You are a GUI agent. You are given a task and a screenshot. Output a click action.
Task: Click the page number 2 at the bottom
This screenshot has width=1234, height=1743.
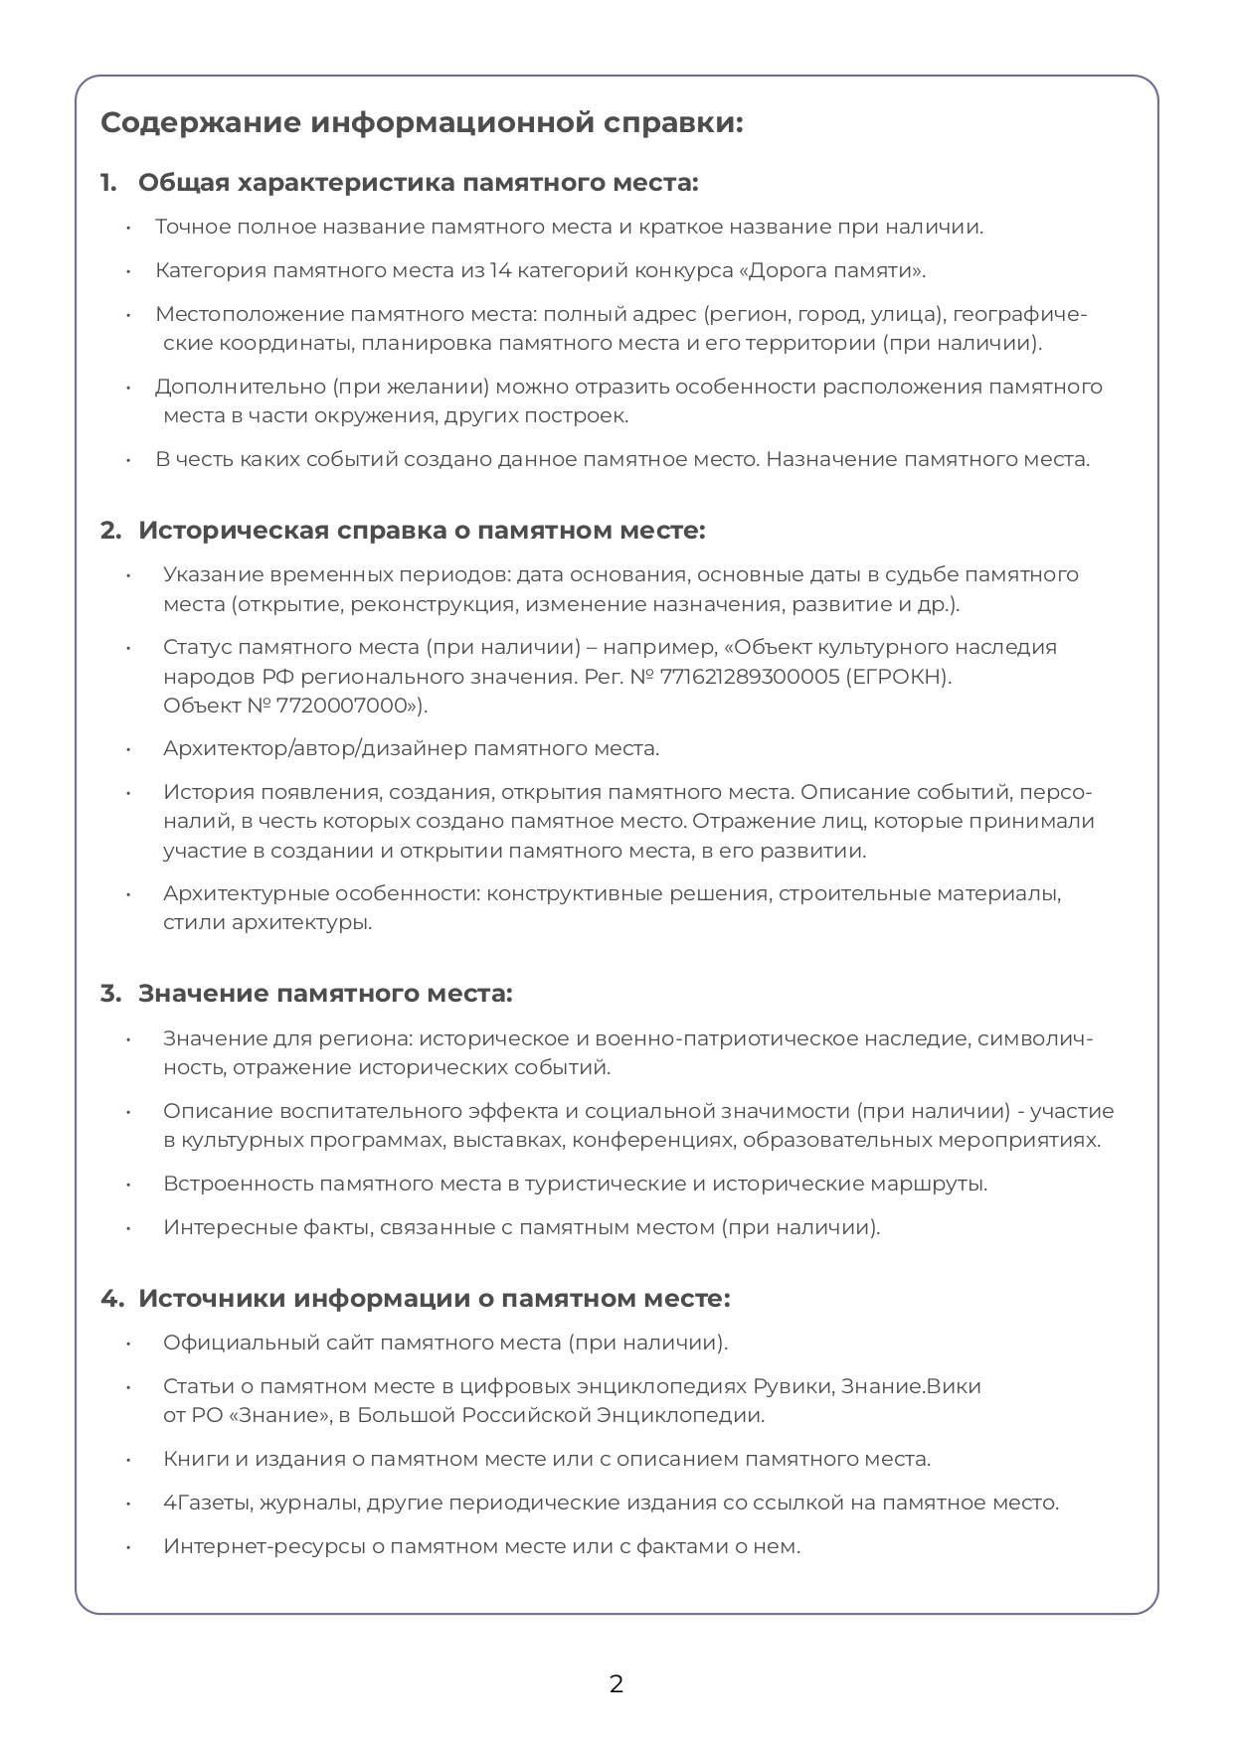pyautogui.click(x=617, y=1684)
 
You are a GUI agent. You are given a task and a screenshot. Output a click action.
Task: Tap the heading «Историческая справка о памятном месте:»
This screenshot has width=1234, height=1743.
pyautogui.click(x=422, y=531)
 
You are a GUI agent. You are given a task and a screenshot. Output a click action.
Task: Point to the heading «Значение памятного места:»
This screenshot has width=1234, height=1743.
pyautogui.click(x=325, y=994)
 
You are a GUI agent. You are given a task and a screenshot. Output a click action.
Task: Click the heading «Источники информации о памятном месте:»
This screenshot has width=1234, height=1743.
pyautogui.click(x=434, y=1299)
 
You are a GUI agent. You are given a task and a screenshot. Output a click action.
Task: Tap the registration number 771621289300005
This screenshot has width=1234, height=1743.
pyautogui.click(x=758, y=677)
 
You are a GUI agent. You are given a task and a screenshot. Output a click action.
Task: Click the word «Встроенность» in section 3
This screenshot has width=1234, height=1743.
pyautogui.click(x=239, y=1184)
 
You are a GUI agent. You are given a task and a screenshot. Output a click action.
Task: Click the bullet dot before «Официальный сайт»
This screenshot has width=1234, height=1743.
pyautogui.click(x=128, y=1344)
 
